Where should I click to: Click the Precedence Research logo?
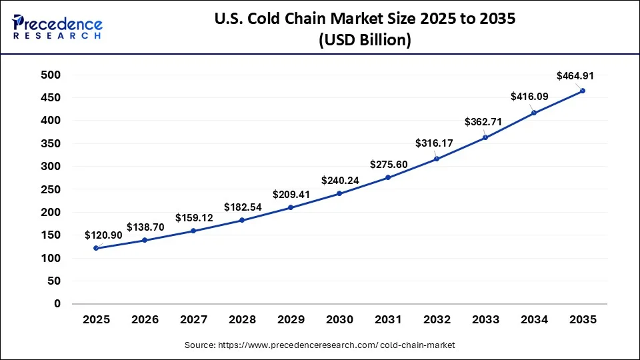pyautogui.click(x=57, y=27)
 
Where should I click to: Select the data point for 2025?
pyautogui.click(x=97, y=248)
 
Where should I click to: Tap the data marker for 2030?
pyautogui.click(x=339, y=193)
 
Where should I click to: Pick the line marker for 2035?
pyautogui.click(x=583, y=91)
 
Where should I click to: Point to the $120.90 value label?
pyautogui.click(x=103, y=235)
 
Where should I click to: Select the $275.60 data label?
pyautogui.click(x=389, y=164)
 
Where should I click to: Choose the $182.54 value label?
pyautogui.click(x=243, y=206)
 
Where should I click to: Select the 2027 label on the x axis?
pyautogui.click(x=194, y=320)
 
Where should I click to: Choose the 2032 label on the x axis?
pyautogui.click(x=437, y=320)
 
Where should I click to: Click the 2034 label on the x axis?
pyautogui.click(x=534, y=320)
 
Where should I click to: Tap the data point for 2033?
pyautogui.click(x=485, y=137)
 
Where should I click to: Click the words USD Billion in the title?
pyautogui.click(x=363, y=41)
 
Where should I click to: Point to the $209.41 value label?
pyautogui.click(x=291, y=195)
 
